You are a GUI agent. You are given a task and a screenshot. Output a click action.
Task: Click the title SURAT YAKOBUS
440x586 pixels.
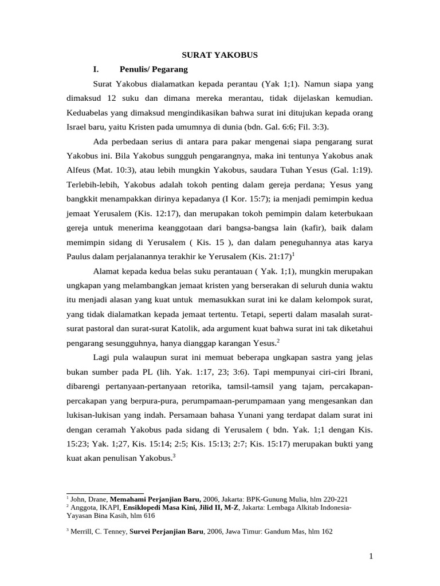tap(220, 55)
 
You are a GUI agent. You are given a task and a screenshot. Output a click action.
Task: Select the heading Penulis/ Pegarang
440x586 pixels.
tap(154, 69)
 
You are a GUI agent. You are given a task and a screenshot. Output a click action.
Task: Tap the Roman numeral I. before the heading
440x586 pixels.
tap(96, 69)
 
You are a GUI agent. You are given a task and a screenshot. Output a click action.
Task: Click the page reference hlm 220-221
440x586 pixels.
tap(335, 498)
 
